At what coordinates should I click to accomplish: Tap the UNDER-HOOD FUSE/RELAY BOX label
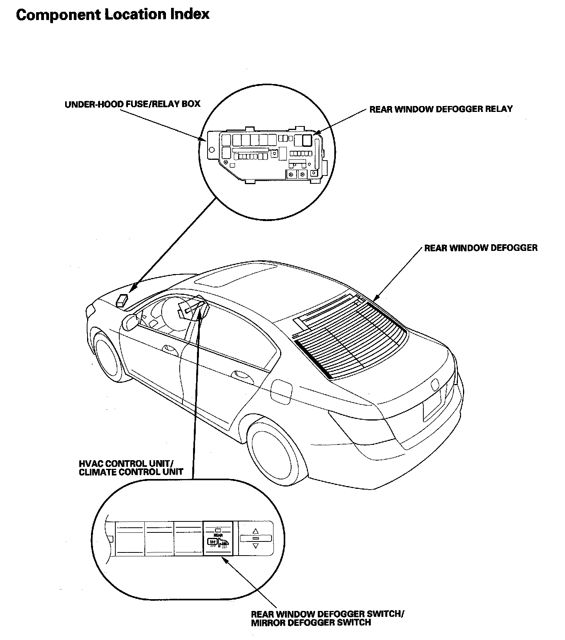[132, 104]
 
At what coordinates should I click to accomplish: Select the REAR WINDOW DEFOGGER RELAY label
[441, 109]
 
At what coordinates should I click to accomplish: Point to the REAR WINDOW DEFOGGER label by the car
[481, 248]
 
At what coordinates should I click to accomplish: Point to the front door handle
[169, 347]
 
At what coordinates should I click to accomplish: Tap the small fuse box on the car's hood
[122, 300]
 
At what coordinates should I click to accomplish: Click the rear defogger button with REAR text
[219, 538]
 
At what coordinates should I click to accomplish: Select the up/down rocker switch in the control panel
[256, 538]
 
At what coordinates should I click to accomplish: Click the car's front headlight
[90, 310]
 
